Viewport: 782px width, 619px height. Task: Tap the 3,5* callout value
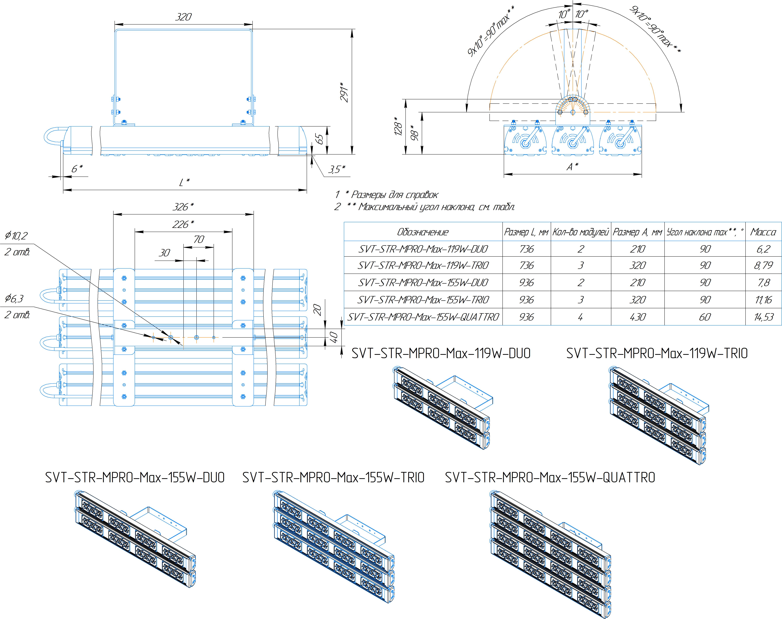click(x=336, y=169)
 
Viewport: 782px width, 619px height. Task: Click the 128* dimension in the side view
click(x=398, y=126)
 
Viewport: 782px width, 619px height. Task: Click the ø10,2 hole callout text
click(x=16, y=236)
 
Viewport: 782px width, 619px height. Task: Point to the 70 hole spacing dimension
click(x=199, y=239)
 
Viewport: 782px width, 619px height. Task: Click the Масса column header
click(x=763, y=232)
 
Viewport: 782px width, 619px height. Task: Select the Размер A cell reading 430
click(x=637, y=317)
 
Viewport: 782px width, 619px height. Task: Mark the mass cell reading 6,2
click(x=763, y=249)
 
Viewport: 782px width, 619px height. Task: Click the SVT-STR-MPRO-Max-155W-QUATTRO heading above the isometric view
click(x=550, y=478)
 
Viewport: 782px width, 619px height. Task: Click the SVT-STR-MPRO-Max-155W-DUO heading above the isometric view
click(x=135, y=478)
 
